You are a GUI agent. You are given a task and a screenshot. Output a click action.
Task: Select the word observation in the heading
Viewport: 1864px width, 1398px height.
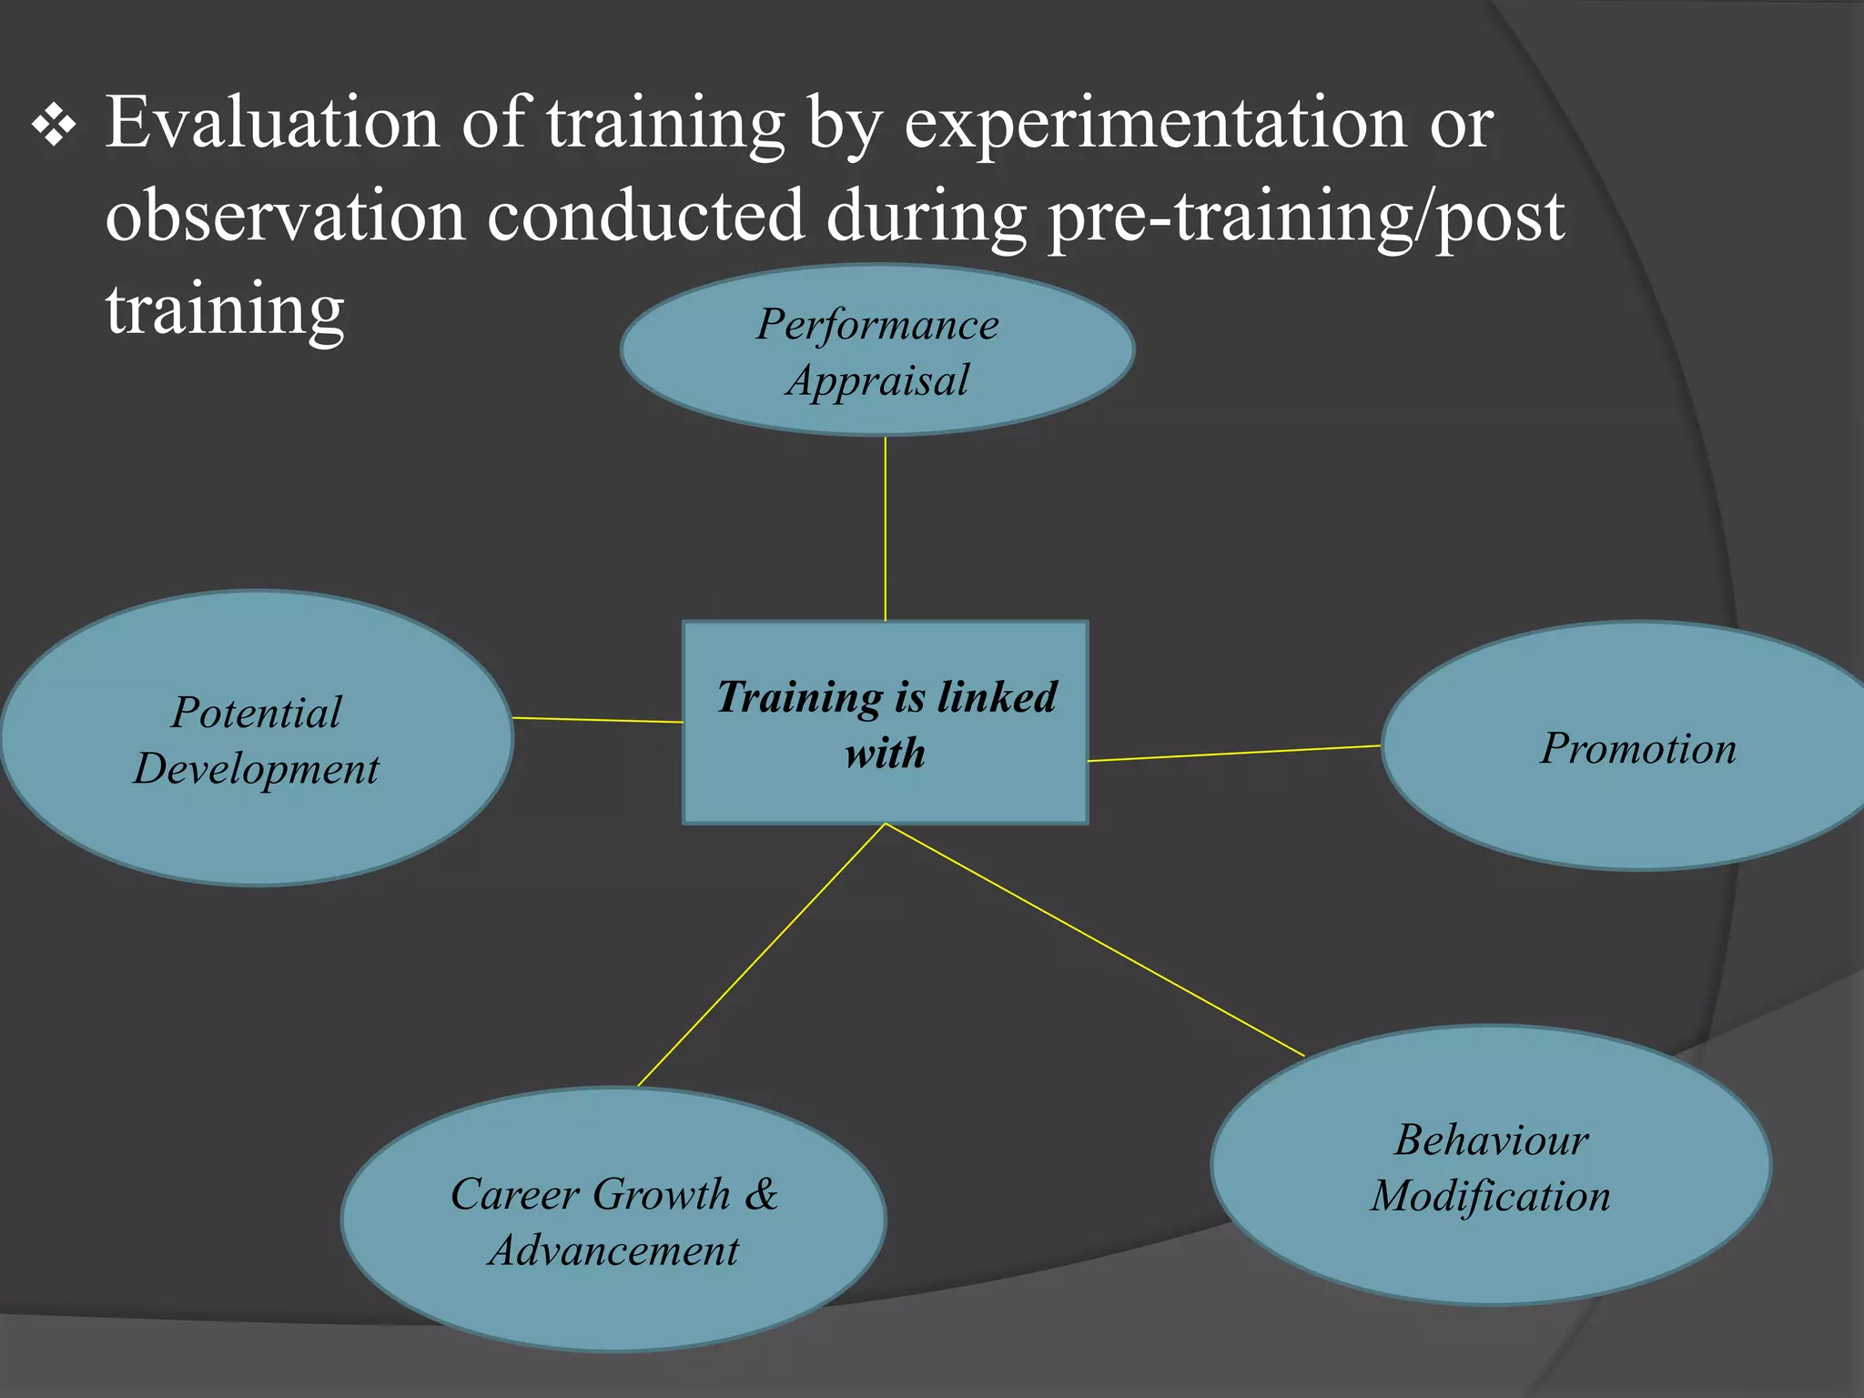[285, 217]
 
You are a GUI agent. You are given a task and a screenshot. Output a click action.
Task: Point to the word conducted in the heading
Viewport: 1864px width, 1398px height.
[646, 217]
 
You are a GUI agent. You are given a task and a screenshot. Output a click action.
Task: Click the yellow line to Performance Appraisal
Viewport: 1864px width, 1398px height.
[886, 528]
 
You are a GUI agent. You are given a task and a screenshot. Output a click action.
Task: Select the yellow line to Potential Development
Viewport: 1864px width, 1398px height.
[597, 720]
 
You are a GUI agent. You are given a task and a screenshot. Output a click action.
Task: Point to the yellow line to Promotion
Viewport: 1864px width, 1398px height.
[1234, 754]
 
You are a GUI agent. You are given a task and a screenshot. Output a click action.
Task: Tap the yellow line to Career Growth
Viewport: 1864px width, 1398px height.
[761, 955]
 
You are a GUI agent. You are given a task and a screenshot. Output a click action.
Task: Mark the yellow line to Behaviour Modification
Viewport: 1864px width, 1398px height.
[1094, 939]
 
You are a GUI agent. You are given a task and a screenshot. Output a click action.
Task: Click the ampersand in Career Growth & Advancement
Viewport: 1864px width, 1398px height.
[762, 1193]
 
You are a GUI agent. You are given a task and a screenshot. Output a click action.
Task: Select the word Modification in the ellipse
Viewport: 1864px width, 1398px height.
[1491, 1196]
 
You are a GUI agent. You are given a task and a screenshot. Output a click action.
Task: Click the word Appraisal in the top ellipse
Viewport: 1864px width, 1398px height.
[877, 380]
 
